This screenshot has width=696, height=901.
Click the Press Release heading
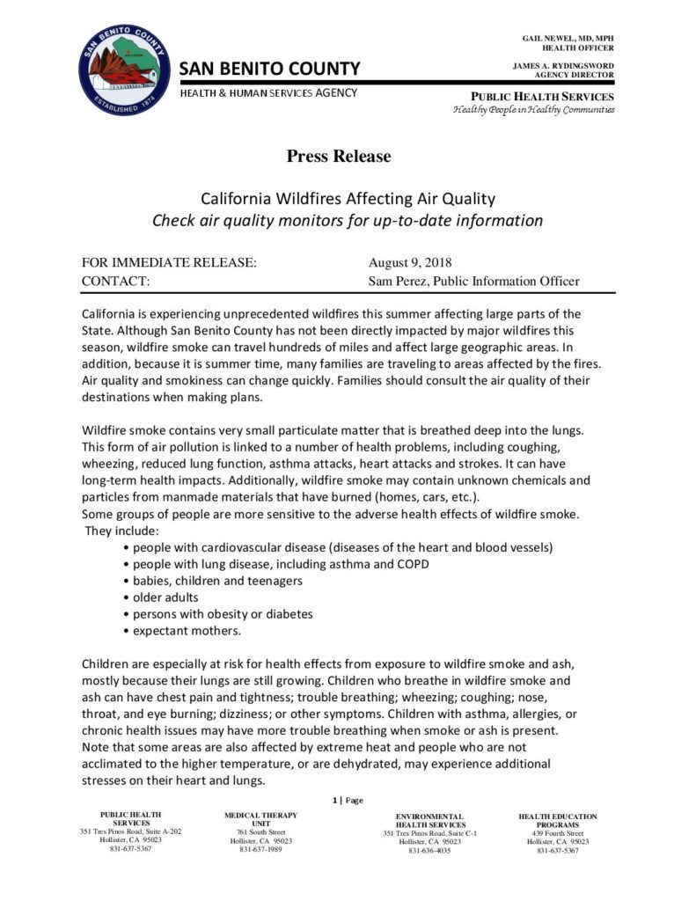338,157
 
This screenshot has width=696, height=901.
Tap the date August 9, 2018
410,262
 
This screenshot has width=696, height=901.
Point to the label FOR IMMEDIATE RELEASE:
169,262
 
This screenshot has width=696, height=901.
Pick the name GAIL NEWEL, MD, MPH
568,39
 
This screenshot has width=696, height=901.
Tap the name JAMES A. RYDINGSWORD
563,66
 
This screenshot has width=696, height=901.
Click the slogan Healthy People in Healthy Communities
533,110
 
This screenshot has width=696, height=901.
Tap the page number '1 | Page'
348,801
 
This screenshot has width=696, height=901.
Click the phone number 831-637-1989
260,850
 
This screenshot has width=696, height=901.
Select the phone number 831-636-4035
429,851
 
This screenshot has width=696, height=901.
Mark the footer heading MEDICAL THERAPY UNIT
260,820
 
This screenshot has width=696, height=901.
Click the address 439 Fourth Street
557,832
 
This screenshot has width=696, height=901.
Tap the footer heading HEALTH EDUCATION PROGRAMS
557,821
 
